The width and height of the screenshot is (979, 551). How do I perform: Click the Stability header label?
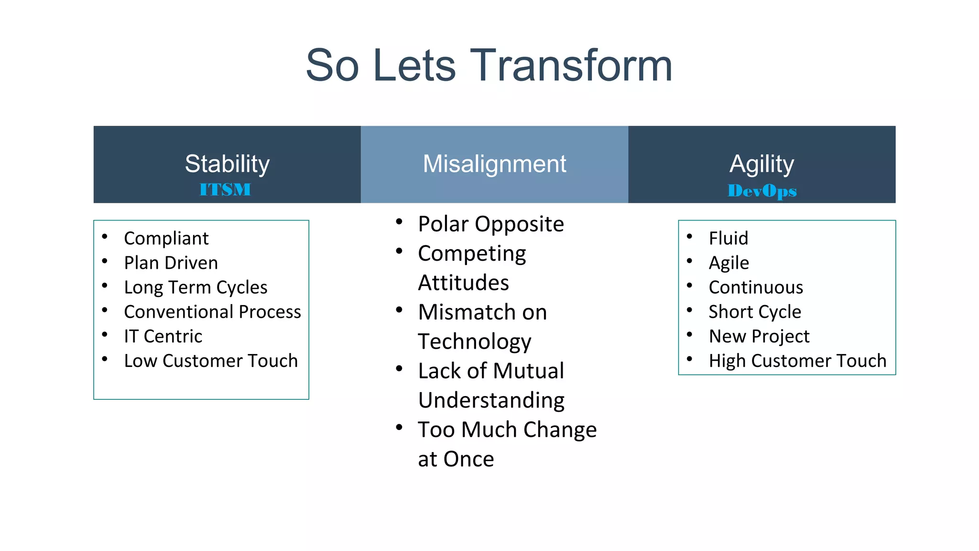227,164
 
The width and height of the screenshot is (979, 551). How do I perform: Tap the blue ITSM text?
225,189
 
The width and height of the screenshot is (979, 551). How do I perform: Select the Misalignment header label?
494,164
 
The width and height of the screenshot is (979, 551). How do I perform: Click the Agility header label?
761,164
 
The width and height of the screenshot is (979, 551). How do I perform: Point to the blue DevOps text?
762,191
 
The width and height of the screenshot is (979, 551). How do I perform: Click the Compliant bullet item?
166,238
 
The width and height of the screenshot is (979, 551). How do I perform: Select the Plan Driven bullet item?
171,263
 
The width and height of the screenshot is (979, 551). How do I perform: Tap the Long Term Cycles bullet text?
196,287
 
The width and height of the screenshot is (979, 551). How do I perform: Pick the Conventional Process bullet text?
212,312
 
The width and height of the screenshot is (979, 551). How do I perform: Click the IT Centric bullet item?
163,336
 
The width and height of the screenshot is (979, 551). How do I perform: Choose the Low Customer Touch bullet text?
211,361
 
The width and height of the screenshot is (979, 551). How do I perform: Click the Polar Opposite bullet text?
491,224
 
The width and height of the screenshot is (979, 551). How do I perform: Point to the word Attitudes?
463,283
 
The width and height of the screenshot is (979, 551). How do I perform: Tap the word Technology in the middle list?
474,342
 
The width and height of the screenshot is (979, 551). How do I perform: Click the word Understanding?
491,400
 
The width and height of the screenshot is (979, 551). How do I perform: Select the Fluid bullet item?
728,238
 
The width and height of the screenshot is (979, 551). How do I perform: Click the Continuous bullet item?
756,287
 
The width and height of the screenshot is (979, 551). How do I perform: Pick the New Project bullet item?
759,336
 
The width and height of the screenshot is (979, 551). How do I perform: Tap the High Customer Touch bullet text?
797,361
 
